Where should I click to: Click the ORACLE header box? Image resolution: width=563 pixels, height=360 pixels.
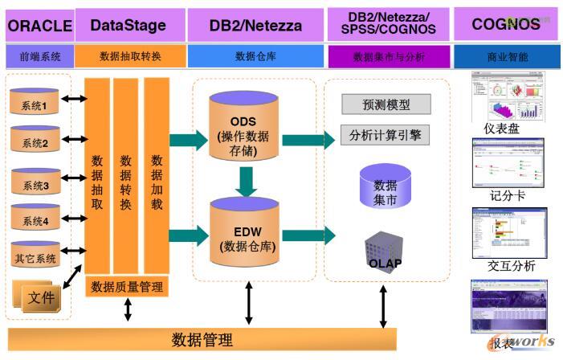click(39, 25)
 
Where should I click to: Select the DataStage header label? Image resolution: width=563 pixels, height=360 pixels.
click(129, 25)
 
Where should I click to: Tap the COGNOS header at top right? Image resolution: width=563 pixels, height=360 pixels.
click(505, 24)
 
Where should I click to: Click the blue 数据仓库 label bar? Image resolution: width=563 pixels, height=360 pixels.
click(255, 56)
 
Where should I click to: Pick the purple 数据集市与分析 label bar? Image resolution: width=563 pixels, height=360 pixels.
click(387, 56)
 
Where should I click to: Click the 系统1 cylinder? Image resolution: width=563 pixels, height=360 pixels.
click(35, 102)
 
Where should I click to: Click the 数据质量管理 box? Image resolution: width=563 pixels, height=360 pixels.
click(127, 286)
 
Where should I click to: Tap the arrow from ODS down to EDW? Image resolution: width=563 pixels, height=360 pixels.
click(246, 182)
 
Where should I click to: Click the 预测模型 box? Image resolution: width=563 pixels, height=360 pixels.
click(386, 104)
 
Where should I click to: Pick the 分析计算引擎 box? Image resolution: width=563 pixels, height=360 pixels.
click(386, 134)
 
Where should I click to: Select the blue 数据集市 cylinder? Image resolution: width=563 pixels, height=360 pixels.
click(386, 188)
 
